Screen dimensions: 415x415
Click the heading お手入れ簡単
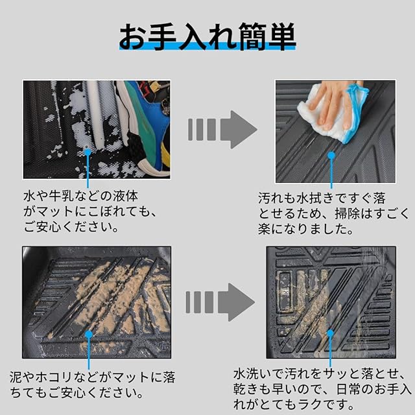point(207,36)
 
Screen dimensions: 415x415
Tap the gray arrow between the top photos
point(222,130)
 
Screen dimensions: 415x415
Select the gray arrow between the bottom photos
point(220,302)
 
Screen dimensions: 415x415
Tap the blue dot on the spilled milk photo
point(88,152)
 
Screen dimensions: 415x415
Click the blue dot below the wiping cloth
point(331,156)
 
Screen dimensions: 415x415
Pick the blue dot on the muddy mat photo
point(89,335)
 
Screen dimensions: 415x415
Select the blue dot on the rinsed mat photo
point(330,333)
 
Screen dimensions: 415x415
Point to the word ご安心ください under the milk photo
point(71,227)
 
